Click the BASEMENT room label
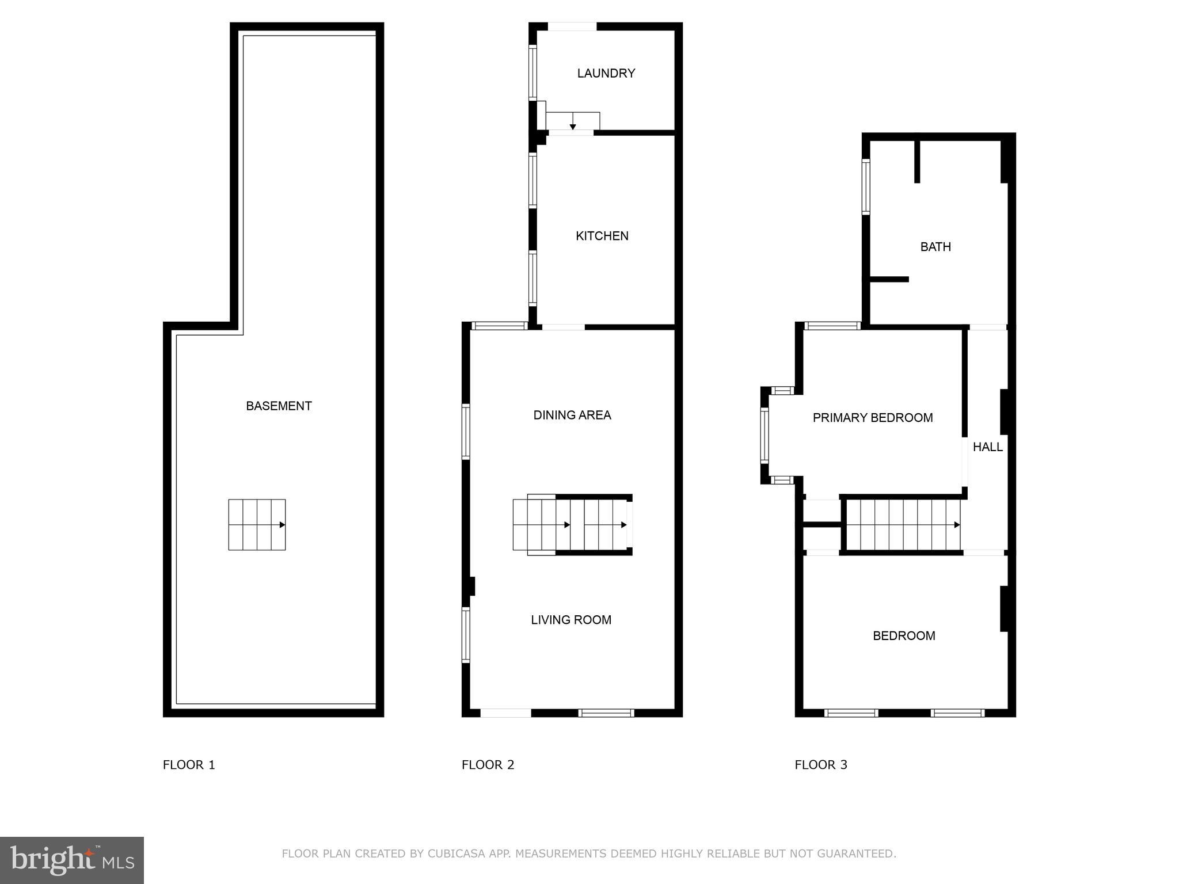(279, 406)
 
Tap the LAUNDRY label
(606, 73)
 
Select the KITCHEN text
(602, 236)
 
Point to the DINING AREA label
(572, 415)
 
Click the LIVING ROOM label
(571, 620)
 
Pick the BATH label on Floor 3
(935, 247)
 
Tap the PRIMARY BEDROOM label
(872, 418)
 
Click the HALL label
(987, 447)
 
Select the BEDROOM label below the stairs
(904, 636)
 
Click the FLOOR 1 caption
(189, 765)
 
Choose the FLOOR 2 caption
(488, 765)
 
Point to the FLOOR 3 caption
(821, 765)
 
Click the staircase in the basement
(257, 524)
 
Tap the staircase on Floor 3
(903, 524)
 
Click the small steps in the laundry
(572, 121)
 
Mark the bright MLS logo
(72, 860)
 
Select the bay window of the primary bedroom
(765, 436)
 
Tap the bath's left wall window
(865, 187)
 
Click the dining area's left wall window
(466, 432)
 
